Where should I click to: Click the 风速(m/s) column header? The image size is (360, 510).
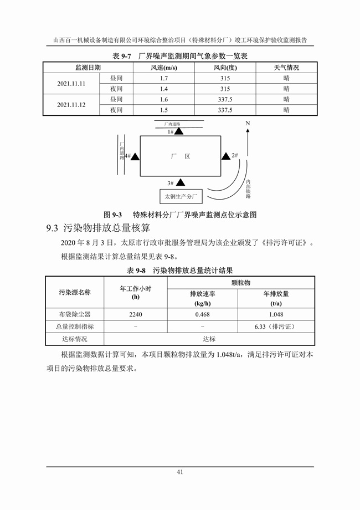coord(163,68)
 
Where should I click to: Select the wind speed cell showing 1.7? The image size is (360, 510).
coord(164,78)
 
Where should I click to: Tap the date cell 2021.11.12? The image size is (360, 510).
coord(71,105)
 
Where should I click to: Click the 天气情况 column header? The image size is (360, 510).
coord(286,68)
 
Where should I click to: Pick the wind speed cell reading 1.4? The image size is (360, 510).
coord(164,89)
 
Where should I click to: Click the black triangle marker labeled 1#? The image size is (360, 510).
coord(179,131)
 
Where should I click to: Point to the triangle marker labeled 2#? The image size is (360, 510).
coord(226,156)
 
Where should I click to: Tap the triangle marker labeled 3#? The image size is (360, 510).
coord(181,182)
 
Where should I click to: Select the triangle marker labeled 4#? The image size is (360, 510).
coord(135,156)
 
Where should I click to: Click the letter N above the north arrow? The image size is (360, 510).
coord(248,124)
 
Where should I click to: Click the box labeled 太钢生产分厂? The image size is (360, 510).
coord(181,196)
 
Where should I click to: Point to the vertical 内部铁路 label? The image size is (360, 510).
coord(248,189)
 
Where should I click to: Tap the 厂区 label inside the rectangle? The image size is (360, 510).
coord(181,156)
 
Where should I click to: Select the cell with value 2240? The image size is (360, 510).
coord(136,314)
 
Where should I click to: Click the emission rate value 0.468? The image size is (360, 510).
coord(202,314)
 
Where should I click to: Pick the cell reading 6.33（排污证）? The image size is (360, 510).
coord(276,327)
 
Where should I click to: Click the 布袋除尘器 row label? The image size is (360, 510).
coord(75,314)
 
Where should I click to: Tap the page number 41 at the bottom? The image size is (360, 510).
coord(180,472)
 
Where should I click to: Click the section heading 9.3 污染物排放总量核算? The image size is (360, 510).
coord(98,228)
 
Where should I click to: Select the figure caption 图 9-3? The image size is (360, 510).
coord(113,215)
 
